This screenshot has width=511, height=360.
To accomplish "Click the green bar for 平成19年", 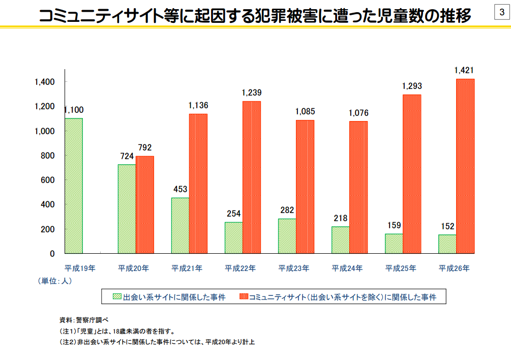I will (74, 186).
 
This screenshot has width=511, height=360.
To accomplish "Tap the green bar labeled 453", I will (180, 225).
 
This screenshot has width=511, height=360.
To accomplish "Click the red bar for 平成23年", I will (305, 187).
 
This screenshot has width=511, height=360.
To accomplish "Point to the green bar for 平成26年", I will (447, 244).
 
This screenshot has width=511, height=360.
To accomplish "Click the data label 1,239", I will (252, 93).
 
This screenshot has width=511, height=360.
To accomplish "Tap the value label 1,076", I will (358, 113).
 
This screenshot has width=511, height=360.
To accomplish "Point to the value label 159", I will (394, 225).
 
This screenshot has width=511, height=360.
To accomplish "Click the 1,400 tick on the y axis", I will (45, 82).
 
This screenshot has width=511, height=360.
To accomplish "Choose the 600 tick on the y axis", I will (48, 180).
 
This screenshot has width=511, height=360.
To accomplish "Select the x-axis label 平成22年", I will (240, 267).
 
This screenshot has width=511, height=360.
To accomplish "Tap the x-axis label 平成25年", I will (400, 267).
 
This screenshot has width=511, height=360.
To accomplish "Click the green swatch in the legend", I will (117, 296).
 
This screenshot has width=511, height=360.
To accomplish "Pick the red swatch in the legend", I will (243, 296).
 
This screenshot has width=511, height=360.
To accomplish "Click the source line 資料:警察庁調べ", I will (84, 320).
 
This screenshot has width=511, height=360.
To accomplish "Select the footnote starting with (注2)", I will (157, 342).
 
